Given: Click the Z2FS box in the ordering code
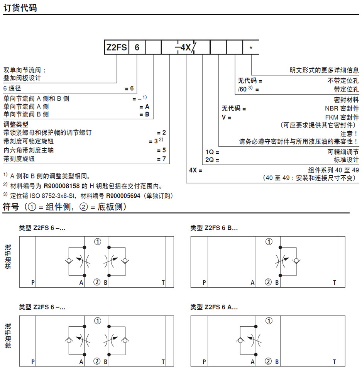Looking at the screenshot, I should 117,48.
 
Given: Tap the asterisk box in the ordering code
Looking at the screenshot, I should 251,48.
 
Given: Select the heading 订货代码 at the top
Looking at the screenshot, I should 20,7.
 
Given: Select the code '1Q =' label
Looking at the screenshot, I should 212,152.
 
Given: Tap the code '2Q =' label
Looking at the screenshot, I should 212,160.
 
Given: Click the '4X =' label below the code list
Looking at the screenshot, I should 196,170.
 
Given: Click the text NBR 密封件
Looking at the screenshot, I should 342,109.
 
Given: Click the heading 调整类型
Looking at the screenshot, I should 16,124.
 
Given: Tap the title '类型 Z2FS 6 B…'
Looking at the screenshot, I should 214,228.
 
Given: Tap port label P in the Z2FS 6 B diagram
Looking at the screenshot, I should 204,283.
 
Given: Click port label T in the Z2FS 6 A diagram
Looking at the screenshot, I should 335,362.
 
